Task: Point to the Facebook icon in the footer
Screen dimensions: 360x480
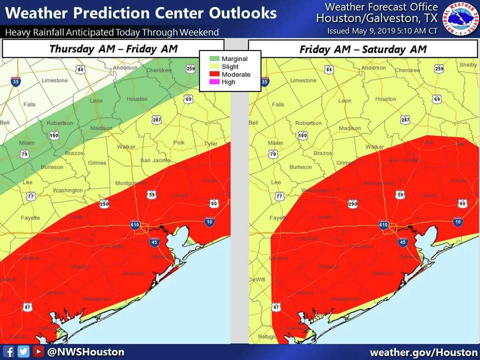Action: click(x=10, y=352)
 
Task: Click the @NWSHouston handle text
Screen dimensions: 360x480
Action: click(x=85, y=352)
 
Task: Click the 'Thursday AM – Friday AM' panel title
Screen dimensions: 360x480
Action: click(x=114, y=49)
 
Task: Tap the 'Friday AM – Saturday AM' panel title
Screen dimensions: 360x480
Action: click(x=363, y=49)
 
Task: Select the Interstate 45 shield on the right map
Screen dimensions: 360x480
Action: click(x=402, y=241)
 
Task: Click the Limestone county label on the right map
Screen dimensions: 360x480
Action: click(x=303, y=80)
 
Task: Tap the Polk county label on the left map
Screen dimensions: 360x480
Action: click(x=179, y=143)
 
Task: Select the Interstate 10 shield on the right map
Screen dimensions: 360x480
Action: click(x=458, y=221)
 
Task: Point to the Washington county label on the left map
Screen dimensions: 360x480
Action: click(x=68, y=190)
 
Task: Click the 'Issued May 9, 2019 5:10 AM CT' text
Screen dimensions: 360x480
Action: click(x=382, y=31)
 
